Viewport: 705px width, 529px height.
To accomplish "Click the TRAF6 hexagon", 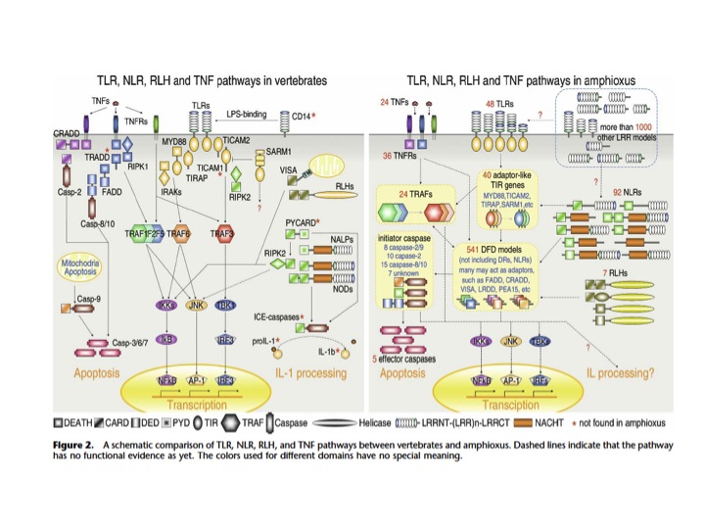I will pos(178,233).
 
